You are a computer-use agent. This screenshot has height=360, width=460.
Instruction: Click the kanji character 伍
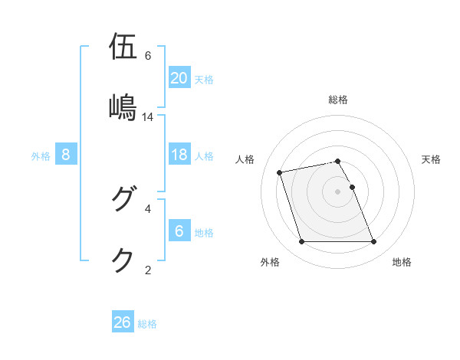[x=123, y=46]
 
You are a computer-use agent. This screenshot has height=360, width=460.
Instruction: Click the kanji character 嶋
[x=123, y=107]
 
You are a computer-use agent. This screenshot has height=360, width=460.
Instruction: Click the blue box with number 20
[x=179, y=78]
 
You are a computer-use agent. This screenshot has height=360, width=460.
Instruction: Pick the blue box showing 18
[x=179, y=155]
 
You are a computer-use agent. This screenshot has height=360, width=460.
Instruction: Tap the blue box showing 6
[x=179, y=232]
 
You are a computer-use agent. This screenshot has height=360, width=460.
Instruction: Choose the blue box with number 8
[x=66, y=155]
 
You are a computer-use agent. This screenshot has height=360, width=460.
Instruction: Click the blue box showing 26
[x=122, y=322]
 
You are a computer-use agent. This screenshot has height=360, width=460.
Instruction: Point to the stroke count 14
[x=148, y=117]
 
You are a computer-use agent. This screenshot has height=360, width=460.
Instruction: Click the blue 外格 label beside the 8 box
[x=41, y=155]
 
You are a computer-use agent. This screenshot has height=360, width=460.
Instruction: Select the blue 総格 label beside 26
[x=147, y=323]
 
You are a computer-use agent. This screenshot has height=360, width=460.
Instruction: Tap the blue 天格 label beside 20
[x=204, y=79]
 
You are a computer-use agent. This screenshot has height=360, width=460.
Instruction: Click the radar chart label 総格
[x=338, y=100]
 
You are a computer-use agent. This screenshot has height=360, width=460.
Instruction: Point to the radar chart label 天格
[x=432, y=159]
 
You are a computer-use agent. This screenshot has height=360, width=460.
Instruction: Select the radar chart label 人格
[x=245, y=159]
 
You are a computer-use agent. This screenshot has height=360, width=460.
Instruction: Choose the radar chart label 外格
[x=270, y=262]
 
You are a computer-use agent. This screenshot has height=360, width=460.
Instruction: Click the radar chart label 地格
[x=402, y=262]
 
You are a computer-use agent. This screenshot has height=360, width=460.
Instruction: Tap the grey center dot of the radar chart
[x=338, y=191]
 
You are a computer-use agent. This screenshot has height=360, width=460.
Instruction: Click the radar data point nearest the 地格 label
[x=373, y=242]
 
